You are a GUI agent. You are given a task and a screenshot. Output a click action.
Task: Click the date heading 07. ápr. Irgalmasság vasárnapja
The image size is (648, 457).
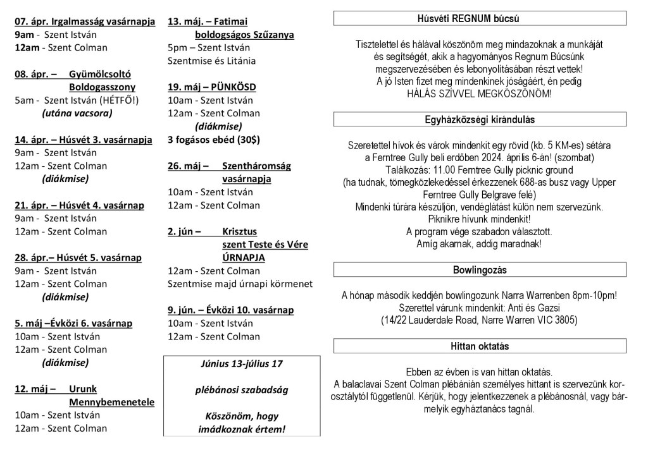(x=85, y=21)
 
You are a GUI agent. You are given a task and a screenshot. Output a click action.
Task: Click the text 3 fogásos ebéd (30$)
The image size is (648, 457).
(x=214, y=140)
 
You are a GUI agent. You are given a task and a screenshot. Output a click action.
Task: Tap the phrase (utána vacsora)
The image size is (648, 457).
(x=77, y=114)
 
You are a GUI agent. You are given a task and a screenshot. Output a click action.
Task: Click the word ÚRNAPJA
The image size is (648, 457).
(x=244, y=258)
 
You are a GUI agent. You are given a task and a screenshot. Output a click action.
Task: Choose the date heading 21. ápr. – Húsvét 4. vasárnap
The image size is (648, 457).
(x=79, y=205)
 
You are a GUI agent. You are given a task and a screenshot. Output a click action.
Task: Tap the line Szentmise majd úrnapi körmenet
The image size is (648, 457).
(x=240, y=284)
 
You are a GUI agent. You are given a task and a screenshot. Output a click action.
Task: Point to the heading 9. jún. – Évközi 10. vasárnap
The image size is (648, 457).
(x=230, y=310)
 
